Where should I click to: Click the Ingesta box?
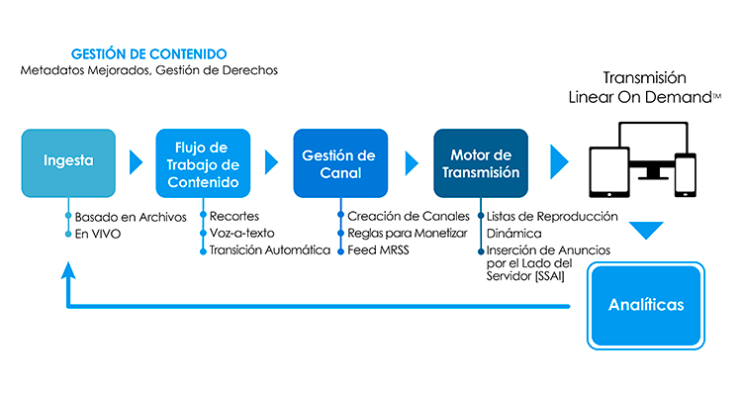[68, 163]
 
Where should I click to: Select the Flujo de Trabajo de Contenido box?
[203, 163]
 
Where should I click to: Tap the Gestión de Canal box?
[340, 163]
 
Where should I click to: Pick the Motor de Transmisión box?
[481, 163]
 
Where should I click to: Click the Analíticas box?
[646, 306]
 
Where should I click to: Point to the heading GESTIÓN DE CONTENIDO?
[149, 54]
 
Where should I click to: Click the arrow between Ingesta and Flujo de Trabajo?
[136, 162]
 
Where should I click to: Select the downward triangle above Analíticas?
[646, 231]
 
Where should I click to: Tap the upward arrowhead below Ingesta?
[68, 270]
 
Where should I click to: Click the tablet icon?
[609, 172]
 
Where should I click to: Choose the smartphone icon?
[686, 175]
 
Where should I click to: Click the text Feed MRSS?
[378, 250]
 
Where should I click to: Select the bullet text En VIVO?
[98, 234]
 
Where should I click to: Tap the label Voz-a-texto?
[241, 233]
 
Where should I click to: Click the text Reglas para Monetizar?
[407, 233]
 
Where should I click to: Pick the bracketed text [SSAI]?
[549, 276]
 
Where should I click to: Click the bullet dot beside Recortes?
[203, 216]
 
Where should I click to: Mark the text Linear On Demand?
[640, 97]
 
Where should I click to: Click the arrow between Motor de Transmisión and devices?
[559, 162]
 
